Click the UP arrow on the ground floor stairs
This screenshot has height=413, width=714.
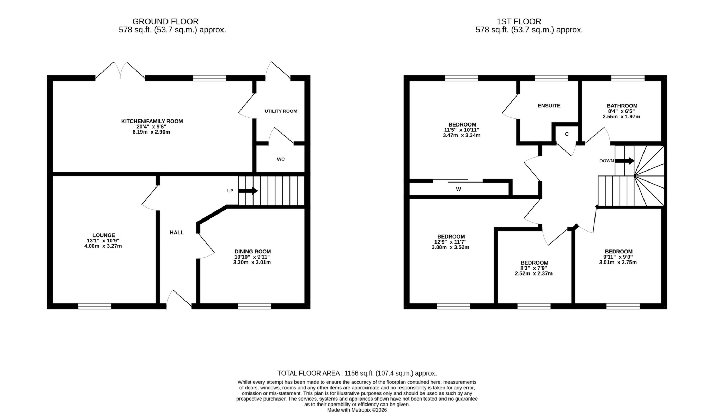(x=248, y=191)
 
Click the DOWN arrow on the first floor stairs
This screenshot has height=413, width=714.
(x=624, y=161)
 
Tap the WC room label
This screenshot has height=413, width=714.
(x=281, y=159)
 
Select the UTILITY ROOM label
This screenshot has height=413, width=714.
(x=281, y=111)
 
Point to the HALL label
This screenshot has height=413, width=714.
(x=177, y=233)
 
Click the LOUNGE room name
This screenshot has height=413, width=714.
(x=104, y=235)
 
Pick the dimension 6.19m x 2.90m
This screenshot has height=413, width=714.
(x=152, y=132)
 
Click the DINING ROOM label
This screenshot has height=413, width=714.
(x=252, y=252)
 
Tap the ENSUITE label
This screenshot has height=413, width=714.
(x=549, y=106)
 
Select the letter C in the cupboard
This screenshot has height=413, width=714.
(x=567, y=134)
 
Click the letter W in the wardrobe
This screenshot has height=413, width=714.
(x=458, y=190)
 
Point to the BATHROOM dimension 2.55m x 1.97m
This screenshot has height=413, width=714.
(x=621, y=117)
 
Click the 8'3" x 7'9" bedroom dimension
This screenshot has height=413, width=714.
(x=534, y=268)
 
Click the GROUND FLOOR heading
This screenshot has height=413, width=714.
(x=165, y=21)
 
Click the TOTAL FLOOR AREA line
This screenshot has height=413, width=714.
(x=357, y=373)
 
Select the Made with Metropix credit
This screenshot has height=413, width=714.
(x=357, y=410)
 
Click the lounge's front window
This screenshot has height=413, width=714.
(x=94, y=306)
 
